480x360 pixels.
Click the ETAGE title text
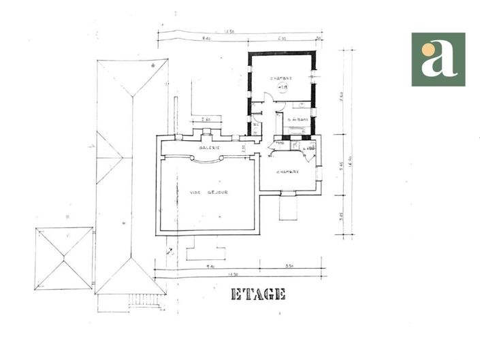258,294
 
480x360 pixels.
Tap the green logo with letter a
438,59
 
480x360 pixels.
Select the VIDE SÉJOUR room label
208,193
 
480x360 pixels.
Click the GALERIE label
208,148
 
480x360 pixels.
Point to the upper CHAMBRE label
281,78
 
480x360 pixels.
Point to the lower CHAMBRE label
288,171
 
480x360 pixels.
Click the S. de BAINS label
298,120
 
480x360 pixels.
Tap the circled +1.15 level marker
281,87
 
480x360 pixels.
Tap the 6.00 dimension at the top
281,39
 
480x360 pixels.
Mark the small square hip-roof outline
63,258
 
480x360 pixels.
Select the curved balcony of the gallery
206,160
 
